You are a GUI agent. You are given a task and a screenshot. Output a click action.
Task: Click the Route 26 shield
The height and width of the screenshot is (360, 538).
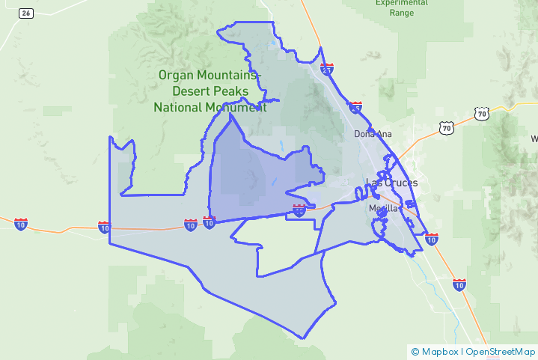(26, 13)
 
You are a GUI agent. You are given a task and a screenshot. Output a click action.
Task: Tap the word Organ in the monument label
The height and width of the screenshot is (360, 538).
(175, 75)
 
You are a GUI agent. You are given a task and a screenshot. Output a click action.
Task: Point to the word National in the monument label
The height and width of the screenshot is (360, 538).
(179, 107)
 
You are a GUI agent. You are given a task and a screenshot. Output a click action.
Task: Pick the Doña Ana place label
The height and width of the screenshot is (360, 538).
(373, 135)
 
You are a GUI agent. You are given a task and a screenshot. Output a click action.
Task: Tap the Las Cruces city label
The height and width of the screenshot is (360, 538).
(391, 183)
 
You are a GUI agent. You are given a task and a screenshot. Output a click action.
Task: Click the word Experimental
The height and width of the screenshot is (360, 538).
(401, 3)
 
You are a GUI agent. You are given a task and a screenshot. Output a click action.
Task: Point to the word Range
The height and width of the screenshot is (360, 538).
(401, 13)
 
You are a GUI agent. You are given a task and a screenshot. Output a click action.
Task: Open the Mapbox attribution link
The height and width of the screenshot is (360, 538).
(439, 351)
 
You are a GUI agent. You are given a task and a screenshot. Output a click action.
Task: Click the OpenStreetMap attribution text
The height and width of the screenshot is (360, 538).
(501, 351)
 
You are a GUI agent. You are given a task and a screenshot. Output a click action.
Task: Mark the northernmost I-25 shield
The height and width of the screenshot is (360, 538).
(327, 68)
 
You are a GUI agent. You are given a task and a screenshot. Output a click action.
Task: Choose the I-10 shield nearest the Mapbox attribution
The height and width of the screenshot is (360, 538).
(459, 284)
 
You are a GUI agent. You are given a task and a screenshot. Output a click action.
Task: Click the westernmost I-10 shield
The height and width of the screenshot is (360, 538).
(21, 225)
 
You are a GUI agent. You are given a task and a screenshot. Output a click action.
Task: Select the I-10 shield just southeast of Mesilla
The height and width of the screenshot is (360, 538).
(432, 239)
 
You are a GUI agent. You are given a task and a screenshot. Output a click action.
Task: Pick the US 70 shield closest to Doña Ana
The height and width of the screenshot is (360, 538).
(447, 129)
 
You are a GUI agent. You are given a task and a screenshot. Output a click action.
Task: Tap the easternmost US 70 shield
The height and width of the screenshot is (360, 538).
(481, 114)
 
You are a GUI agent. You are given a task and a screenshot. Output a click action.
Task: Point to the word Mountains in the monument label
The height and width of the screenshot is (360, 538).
(226, 75)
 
